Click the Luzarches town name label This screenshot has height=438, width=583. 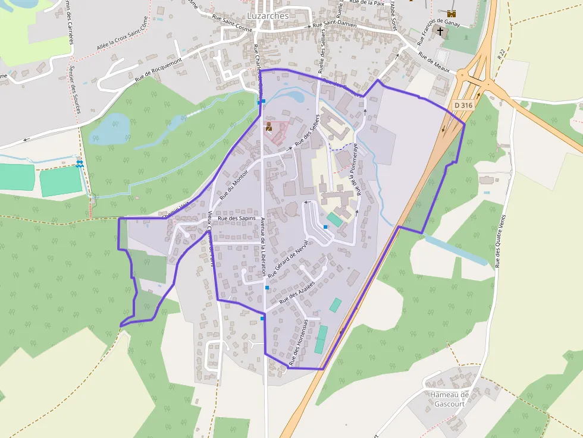click(x=268, y=16)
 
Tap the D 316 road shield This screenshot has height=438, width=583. click(x=463, y=105)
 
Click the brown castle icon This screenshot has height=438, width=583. click(x=451, y=13)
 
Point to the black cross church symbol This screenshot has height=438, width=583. click(x=440, y=31)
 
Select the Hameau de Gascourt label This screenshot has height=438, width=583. click(x=449, y=399)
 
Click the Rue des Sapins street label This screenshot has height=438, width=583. click(x=236, y=219)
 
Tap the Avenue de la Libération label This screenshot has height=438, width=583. click(x=263, y=245)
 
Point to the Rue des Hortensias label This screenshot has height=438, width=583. click(x=298, y=342)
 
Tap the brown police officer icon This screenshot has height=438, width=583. click(x=269, y=126)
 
